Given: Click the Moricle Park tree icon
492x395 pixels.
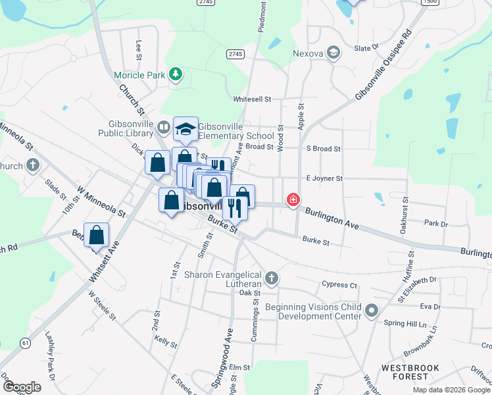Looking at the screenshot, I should (x=175, y=74).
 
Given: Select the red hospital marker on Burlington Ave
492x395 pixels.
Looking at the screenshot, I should (x=293, y=199).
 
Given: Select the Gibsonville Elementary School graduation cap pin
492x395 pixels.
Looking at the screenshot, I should (x=185, y=128).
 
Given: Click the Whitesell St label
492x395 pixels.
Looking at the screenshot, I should (x=253, y=99).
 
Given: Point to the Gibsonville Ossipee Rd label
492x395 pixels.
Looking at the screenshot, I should (x=383, y=65).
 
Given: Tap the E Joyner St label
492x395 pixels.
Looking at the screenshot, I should (x=324, y=178).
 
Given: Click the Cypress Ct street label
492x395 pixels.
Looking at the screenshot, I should (x=339, y=286).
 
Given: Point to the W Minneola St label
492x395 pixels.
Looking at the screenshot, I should (x=101, y=201).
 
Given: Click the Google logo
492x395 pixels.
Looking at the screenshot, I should (x=22, y=386).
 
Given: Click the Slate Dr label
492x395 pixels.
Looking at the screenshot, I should (x=367, y=48).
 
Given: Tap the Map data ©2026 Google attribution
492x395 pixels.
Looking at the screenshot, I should (x=451, y=390).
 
